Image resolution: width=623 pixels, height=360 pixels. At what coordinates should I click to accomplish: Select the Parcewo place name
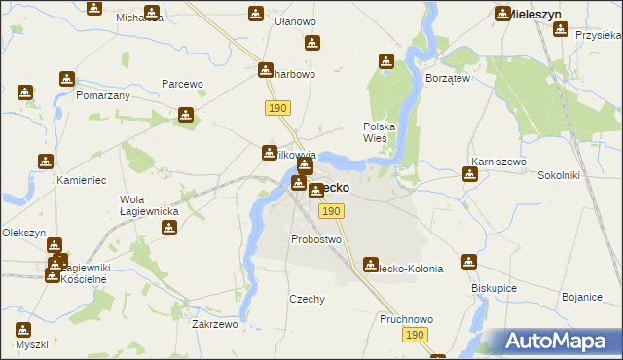point(182,84)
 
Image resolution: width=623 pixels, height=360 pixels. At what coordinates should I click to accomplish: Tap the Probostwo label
point(316,239)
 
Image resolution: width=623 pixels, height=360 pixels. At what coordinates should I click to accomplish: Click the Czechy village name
point(307,300)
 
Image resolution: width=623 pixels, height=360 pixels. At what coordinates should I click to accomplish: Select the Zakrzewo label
point(215,325)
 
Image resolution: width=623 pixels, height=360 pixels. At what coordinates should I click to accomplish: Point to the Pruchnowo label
point(404,318)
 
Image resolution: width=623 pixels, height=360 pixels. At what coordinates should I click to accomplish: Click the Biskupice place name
point(495,288)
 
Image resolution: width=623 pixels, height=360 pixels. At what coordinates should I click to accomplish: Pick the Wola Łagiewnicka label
point(148,205)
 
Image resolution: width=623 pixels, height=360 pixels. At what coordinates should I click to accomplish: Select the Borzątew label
point(449,78)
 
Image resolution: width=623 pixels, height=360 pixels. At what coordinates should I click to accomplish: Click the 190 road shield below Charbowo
point(275,107)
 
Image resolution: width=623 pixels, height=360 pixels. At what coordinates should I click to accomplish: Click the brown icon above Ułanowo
point(255,14)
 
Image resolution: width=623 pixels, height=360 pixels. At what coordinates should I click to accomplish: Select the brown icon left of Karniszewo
point(470,175)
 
